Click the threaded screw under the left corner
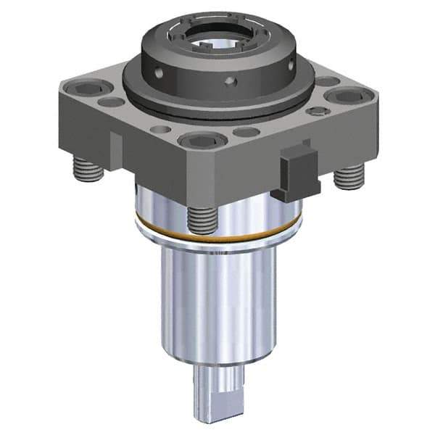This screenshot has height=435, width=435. click(87, 171)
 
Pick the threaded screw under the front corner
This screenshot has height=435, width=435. click(203, 218)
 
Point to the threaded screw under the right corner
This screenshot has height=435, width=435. click(349, 174)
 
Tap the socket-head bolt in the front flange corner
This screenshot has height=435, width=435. click(196, 140)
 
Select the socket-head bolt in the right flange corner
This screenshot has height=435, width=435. click(341, 96)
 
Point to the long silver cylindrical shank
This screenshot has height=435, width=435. click(217, 304)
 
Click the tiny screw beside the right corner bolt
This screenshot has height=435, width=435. click(315, 112)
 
